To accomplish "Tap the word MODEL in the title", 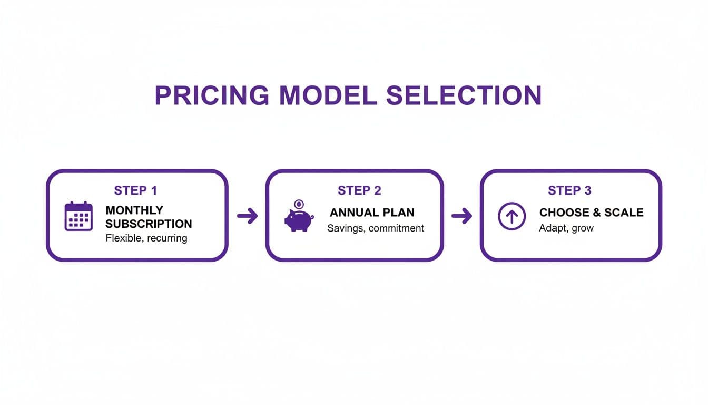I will (328, 95).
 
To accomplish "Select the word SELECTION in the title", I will (464, 95).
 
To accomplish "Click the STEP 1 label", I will (135, 190).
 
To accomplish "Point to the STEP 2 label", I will (359, 190).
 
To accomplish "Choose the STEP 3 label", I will (569, 190).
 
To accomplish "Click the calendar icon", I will (78, 216).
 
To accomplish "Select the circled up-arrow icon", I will (512, 216).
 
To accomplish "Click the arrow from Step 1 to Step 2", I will (247, 216).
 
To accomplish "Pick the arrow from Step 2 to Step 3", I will (461, 216).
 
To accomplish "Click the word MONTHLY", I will (134, 210).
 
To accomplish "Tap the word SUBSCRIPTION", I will (149, 224).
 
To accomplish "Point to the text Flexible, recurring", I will (146, 238).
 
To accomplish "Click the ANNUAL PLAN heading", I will (372, 213).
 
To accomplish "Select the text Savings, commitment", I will (376, 228).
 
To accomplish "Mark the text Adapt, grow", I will (566, 228).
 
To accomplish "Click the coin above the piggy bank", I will (299, 204).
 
